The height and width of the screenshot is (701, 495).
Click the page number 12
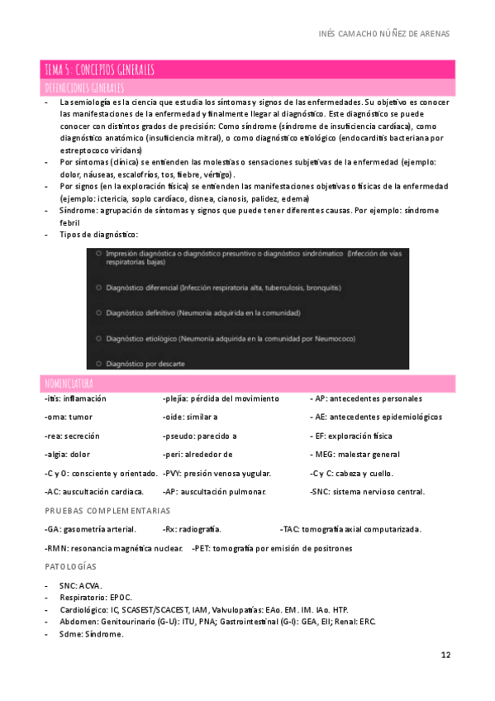point(445,656)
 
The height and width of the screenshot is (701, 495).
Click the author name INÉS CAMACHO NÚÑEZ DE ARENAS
point(384,33)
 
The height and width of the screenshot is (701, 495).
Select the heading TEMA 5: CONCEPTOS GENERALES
point(99,69)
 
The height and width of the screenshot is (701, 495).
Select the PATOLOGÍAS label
point(70,567)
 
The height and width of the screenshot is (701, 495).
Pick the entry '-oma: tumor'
point(69,417)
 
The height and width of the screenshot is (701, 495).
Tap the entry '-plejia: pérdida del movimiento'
point(221,398)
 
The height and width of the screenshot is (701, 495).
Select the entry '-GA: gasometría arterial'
point(91,529)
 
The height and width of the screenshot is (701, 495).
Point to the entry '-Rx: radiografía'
point(192,529)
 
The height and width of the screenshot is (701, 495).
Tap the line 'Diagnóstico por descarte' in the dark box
point(145,364)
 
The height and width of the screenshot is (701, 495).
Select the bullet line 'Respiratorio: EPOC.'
point(95,598)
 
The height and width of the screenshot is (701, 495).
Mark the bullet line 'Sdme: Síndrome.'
point(91,634)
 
